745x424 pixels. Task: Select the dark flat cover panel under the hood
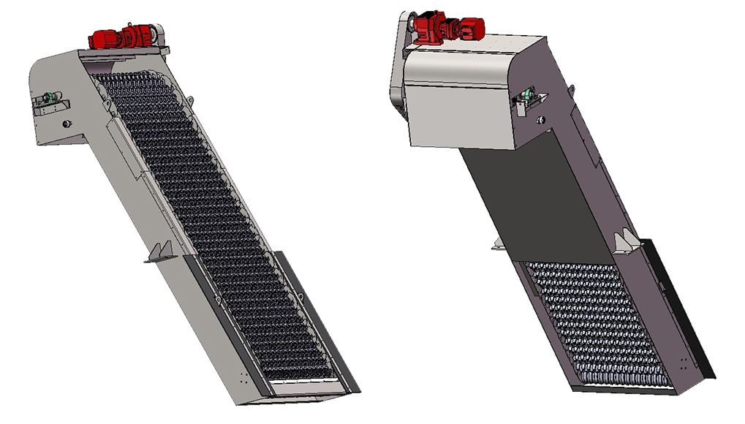(534, 197)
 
